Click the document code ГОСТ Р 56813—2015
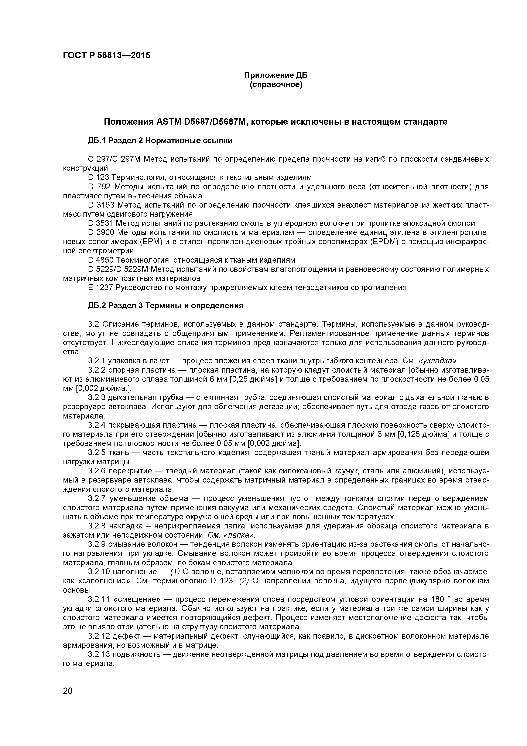[106, 56]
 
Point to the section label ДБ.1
[97, 141]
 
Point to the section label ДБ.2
[97, 306]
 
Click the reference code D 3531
[101, 224]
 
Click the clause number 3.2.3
[97, 398]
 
